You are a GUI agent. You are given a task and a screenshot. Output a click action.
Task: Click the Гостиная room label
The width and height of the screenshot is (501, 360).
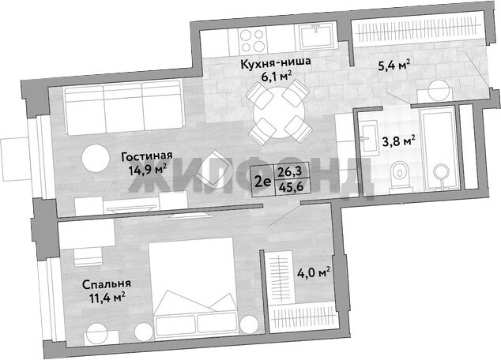point(147,156)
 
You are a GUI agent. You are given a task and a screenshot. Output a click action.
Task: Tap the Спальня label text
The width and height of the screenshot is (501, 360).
point(107,283)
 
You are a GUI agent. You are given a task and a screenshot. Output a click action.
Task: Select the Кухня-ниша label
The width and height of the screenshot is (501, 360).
point(276,62)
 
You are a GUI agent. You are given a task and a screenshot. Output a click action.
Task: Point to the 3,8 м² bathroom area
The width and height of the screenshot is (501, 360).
point(399,141)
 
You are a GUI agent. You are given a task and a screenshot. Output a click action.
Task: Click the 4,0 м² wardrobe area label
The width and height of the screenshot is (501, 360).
point(314,273)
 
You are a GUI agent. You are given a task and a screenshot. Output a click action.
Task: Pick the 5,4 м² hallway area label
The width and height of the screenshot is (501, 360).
point(394,66)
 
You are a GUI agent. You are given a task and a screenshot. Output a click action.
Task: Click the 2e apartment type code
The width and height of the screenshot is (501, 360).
point(262,182)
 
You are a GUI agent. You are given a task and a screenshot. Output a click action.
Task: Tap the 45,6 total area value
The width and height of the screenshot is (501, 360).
point(291,187)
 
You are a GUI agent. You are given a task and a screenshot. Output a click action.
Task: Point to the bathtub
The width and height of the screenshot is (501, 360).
point(438,148)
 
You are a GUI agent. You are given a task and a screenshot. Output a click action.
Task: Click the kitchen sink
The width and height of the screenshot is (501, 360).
point(316,36)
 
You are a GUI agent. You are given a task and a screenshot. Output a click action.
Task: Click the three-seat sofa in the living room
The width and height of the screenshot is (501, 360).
point(123,107)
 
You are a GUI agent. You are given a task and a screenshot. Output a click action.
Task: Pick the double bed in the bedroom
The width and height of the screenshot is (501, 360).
point(194,289)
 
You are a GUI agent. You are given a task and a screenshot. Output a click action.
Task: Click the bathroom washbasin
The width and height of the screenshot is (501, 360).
point(369,137)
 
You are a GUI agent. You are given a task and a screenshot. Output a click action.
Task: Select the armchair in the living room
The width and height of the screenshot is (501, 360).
point(213,168)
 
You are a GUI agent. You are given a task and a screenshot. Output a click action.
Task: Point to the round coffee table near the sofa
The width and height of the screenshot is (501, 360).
point(96,159)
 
